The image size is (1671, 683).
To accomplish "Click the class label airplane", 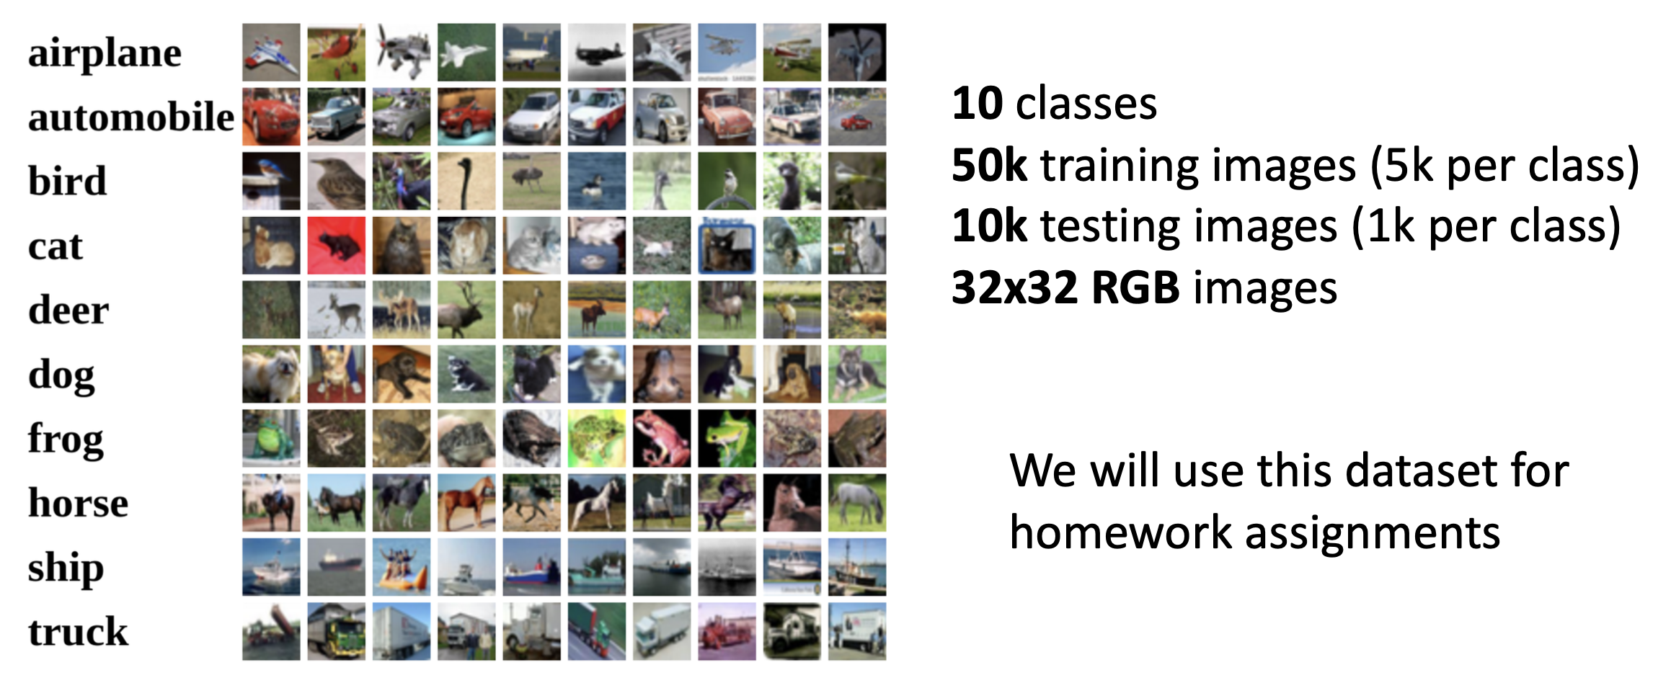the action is click(105, 54).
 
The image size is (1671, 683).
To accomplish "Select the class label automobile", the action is click(131, 117).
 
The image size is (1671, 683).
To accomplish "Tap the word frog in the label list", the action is click(66, 439).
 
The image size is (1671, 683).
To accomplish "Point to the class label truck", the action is click(78, 632).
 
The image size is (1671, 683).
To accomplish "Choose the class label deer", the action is click(68, 310).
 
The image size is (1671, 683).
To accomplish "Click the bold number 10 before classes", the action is click(978, 104).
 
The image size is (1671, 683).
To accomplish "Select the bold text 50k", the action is click(989, 165).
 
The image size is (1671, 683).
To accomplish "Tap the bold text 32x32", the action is click(1015, 288).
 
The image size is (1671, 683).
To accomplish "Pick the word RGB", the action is click(1135, 288).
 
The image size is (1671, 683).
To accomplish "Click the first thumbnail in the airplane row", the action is click(271, 52).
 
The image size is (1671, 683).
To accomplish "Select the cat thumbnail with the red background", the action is click(336, 246).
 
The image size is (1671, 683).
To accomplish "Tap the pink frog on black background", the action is click(662, 439).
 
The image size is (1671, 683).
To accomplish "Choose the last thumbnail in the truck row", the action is click(857, 632).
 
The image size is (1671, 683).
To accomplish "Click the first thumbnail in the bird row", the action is click(271, 181).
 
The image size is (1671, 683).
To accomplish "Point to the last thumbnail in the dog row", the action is click(857, 374).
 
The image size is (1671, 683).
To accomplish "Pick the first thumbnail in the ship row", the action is click(271, 567).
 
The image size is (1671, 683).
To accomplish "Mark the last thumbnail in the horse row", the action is click(857, 503).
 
